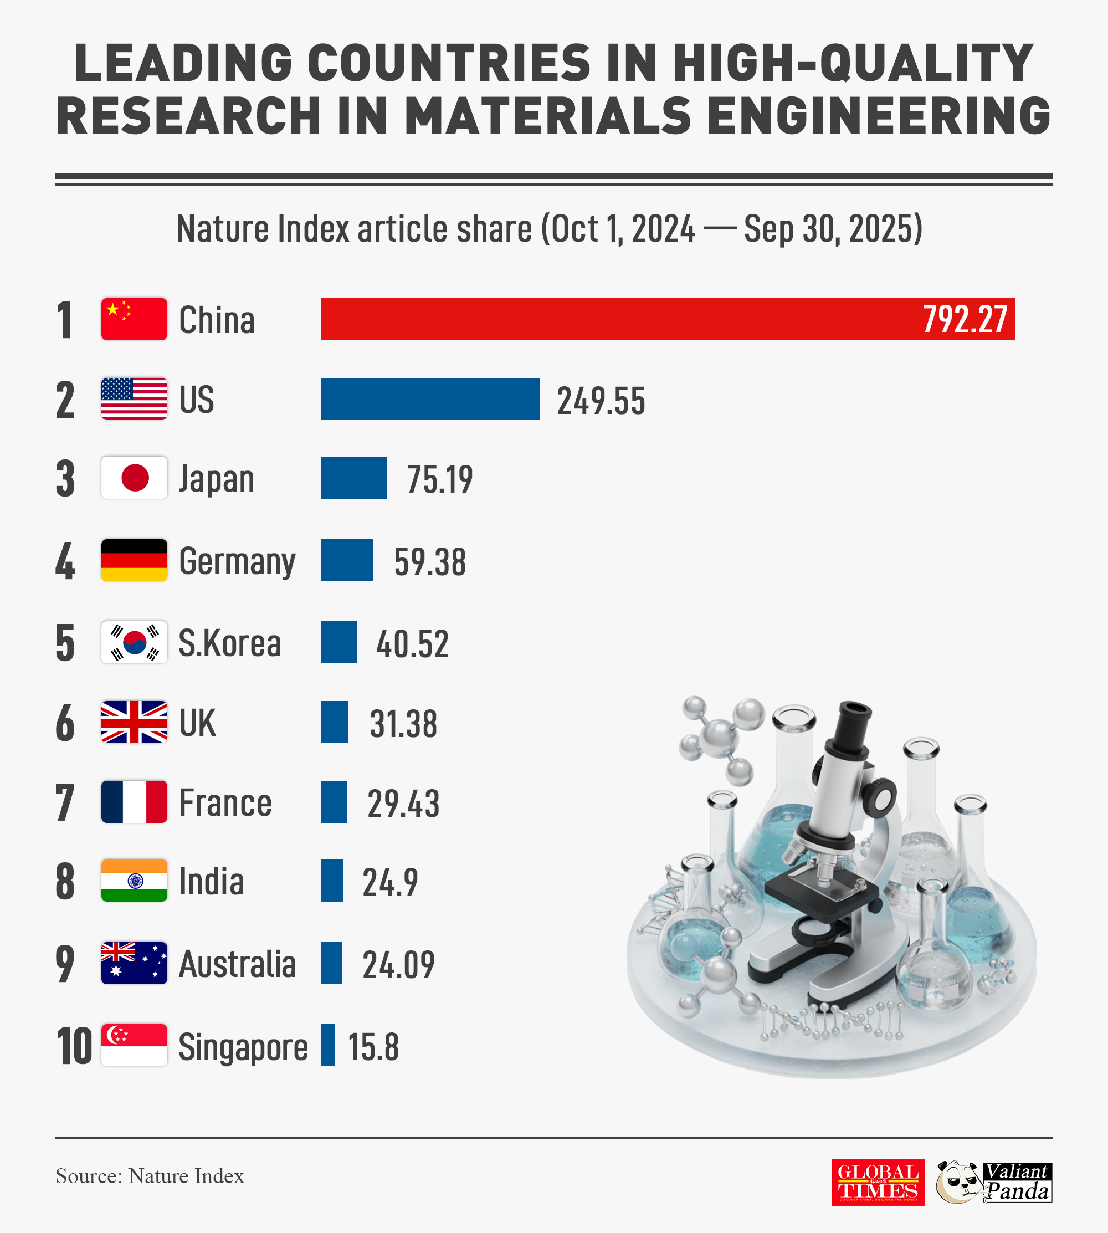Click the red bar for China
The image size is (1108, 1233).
pos(609,319)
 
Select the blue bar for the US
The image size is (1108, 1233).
pos(430,399)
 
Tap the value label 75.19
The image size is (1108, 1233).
pos(439,479)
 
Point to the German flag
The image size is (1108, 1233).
pos(134,560)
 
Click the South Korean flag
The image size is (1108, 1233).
pos(134,642)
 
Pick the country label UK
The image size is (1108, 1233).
pos(197,723)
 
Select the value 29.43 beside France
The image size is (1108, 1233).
pos(403,803)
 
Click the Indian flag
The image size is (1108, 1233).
pos(134,881)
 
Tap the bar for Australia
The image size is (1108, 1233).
pos(331,963)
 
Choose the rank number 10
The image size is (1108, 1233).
pos(74,1046)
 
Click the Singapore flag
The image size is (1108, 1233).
pos(134,1045)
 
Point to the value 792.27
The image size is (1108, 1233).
pos(965,319)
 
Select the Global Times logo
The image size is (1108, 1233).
pos(878,1183)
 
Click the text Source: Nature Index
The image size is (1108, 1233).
pos(150,1176)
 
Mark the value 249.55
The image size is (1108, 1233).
pos(601,401)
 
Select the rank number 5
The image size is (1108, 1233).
pos(65,643)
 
